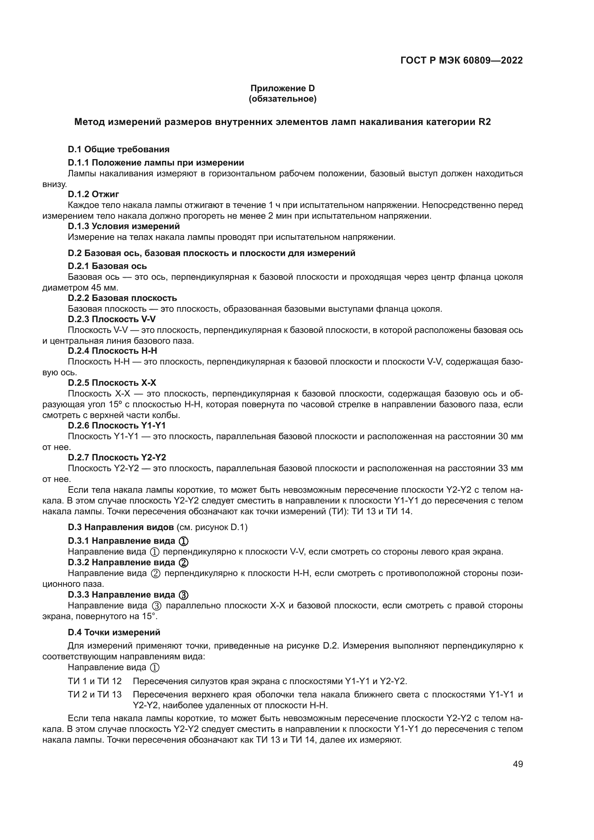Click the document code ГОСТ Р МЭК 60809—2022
point(461,60)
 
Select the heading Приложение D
point(282,88)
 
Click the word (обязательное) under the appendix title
point(282,99)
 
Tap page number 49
point(518,764)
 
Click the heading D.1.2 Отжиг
point(93,194)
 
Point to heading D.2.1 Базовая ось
point(107,266)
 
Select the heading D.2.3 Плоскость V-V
point(112,319)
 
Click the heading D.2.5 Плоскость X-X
point(112,383)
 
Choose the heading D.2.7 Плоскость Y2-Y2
point(117,457)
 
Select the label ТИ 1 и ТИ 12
point(94,681)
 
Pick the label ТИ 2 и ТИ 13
point(94,695)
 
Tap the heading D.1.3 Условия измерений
point(124,226)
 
